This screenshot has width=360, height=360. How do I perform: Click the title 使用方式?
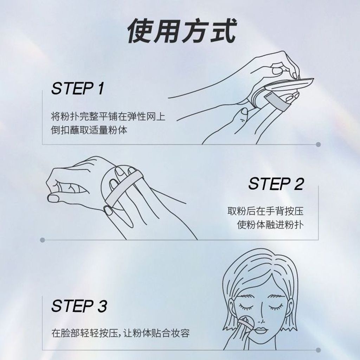coord(182,31)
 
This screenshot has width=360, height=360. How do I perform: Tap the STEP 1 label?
coord(78,88)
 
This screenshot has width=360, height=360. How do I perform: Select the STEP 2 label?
coord(276,184)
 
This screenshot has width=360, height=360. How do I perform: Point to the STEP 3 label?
coord(79,306)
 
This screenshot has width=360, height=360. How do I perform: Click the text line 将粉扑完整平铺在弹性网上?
coord(108,116)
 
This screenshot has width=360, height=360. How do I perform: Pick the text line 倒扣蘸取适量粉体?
coord(89,130)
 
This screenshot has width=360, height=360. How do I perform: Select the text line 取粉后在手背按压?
coord(266,211)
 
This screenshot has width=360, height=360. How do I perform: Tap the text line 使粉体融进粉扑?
coord(270,225)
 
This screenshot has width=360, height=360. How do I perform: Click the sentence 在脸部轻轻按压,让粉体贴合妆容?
coord(121,333)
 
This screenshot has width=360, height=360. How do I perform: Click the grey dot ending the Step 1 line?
coord(318,144)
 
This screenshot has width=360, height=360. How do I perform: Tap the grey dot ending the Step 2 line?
coord(42,240)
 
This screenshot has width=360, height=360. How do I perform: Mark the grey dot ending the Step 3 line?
coord(318,350)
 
